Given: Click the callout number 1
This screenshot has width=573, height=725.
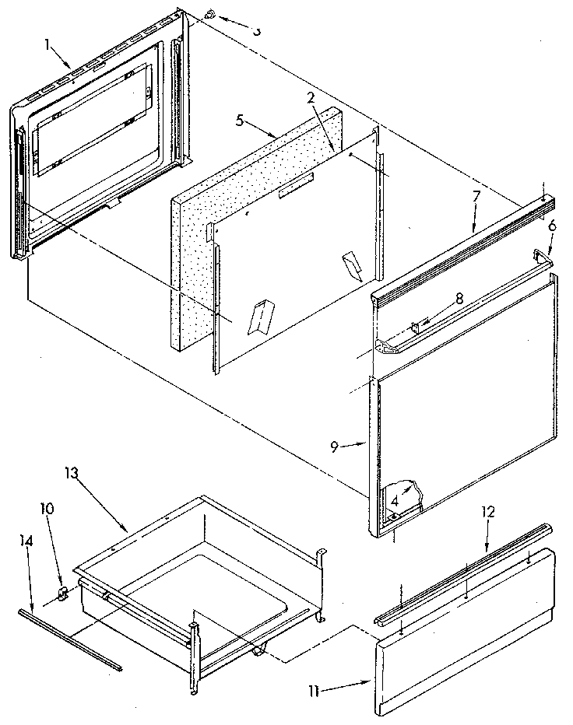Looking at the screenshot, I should pos(48,45).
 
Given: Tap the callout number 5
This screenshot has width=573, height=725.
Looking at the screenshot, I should pos(241,120).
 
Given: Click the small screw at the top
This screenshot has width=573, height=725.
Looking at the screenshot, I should pos(210,15).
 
